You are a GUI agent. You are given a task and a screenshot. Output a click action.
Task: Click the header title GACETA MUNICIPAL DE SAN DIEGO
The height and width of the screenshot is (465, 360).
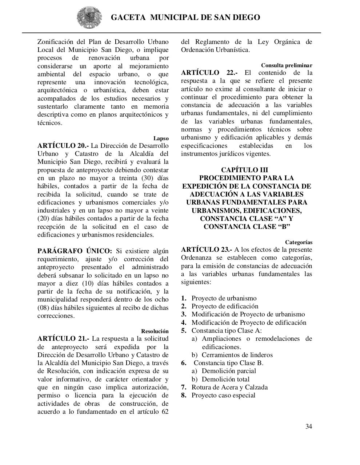(x=185, y=17)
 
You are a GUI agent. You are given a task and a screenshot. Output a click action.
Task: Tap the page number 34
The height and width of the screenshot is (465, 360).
(x=308, y=426)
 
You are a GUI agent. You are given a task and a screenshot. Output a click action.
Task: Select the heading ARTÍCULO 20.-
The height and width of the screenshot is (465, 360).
(x=63, y=146)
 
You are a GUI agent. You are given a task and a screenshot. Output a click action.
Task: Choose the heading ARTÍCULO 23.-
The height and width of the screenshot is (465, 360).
(x=207, y=250)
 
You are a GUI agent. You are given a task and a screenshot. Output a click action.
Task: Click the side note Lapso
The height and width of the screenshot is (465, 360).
(x=161, y=138)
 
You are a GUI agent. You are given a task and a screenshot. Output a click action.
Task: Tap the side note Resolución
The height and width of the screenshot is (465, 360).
(x=155, y=331)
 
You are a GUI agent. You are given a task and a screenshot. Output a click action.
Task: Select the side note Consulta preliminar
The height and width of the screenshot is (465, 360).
(x=287, y=65)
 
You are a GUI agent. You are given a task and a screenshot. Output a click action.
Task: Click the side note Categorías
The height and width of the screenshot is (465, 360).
(x=299, y=242)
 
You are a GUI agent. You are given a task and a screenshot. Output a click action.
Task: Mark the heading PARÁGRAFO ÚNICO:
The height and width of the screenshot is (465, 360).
(x=75, y=251)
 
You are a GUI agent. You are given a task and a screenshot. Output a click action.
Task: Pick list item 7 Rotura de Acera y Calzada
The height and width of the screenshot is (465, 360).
(x=229, y=387)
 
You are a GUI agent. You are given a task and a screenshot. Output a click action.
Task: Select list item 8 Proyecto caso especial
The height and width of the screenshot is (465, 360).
(x=223, y=395)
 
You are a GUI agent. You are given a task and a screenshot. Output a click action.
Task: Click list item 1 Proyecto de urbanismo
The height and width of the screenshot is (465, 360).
(x=224, y=298)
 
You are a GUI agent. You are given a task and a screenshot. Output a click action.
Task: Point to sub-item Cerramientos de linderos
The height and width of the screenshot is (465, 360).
(x=237, y=355)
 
